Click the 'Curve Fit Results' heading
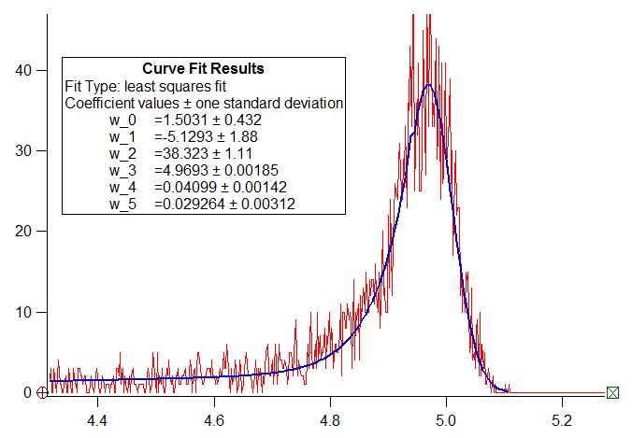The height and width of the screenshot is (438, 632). (x=203, y=68)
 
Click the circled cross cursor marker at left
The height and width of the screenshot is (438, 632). (x=42, y=392)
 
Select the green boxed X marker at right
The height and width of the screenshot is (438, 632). (x=612, y=392)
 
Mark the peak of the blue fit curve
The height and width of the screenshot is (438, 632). (x=428, y=85)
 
